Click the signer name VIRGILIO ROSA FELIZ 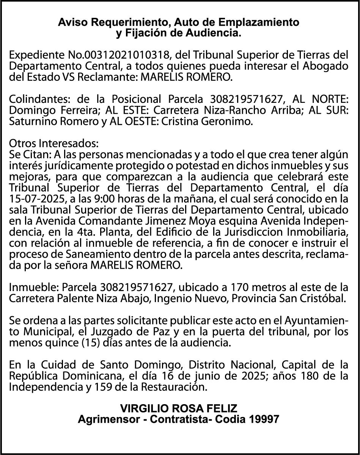click(179, 409)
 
